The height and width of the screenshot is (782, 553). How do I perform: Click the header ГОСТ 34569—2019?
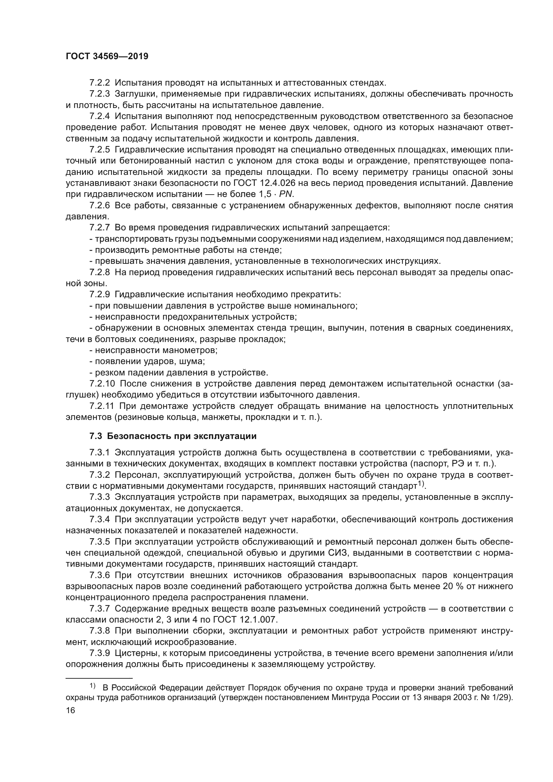(x=107, y=57)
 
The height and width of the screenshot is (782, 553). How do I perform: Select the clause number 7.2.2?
(x=99, y=83)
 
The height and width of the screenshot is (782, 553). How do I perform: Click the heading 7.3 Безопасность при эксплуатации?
(x=173, y=436)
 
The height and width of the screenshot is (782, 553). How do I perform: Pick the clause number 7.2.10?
(x=102, y=384)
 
